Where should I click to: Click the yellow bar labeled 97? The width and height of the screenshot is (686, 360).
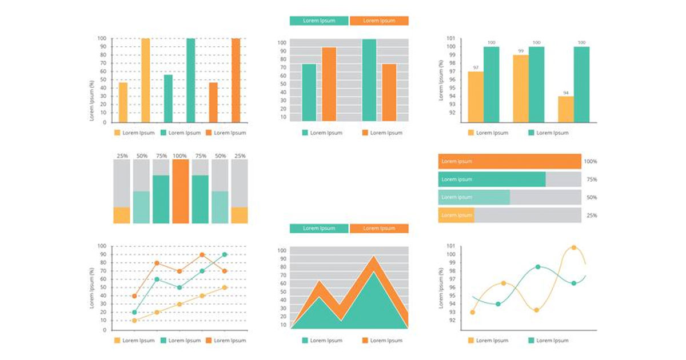click(x=475, y=97)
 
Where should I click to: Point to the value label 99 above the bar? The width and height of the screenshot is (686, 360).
click(x=521, y=51)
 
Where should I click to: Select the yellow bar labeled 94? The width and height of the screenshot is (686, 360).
click(x=565, y=109)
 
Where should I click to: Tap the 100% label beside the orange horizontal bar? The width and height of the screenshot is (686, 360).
click(x=591, y=162)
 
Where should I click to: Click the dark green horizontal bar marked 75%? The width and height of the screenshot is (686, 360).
click(x=492, y=179)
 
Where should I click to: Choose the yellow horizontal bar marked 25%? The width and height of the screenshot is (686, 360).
click(x=456, y=215)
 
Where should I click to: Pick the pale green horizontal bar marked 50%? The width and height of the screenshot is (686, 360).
click(x=474, y=197)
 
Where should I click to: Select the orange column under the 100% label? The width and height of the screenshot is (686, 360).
click(x=181, y=191)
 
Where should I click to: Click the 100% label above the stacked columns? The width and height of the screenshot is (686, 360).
click(x=181, y=155)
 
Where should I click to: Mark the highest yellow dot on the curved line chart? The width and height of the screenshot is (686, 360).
click(x=574, y=247)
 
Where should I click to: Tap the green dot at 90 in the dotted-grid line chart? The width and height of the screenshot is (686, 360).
click(x=225, y=255)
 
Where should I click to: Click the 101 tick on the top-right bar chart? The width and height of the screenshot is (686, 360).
click(x=450, y=38)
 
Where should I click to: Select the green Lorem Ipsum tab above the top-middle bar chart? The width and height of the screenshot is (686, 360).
click(x=319, y=21)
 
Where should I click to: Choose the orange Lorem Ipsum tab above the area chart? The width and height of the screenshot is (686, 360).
click(x=379, y=228)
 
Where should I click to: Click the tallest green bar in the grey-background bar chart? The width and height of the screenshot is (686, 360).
click(x=369, y=80)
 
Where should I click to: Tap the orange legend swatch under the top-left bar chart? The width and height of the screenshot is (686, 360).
click(x=209, y=133)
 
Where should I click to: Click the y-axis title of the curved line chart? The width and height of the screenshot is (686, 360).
click(x=441, y=288)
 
